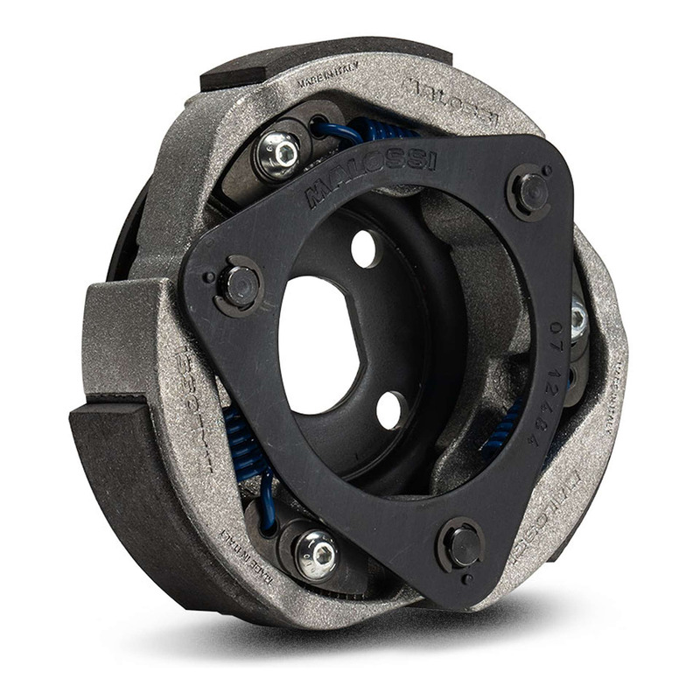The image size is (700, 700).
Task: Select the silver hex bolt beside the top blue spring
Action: [278, 155]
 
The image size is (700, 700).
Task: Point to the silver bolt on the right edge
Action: [578, 317]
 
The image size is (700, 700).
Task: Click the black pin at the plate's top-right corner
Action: [530, 191]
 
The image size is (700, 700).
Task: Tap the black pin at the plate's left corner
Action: [238, 284]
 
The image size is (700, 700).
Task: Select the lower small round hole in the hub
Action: [390, 409]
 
